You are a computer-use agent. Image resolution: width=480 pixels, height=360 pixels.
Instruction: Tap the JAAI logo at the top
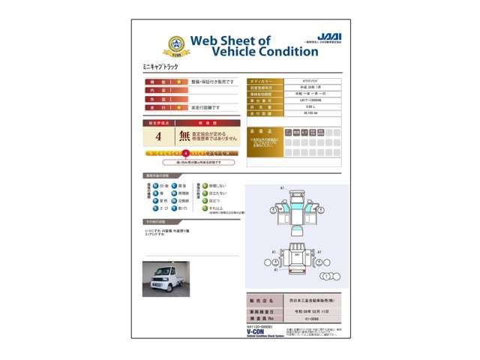point(328,37)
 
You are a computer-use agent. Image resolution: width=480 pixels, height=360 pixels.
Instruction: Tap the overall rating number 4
point(158,136)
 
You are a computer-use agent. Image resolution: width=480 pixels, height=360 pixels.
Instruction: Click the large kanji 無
point(184,136)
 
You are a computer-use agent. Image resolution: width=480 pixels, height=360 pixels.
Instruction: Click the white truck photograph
point(166,277)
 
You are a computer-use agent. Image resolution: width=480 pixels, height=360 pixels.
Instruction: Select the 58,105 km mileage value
point(310,113)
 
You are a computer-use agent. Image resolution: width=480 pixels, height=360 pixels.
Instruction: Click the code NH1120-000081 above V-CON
point(259,326)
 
